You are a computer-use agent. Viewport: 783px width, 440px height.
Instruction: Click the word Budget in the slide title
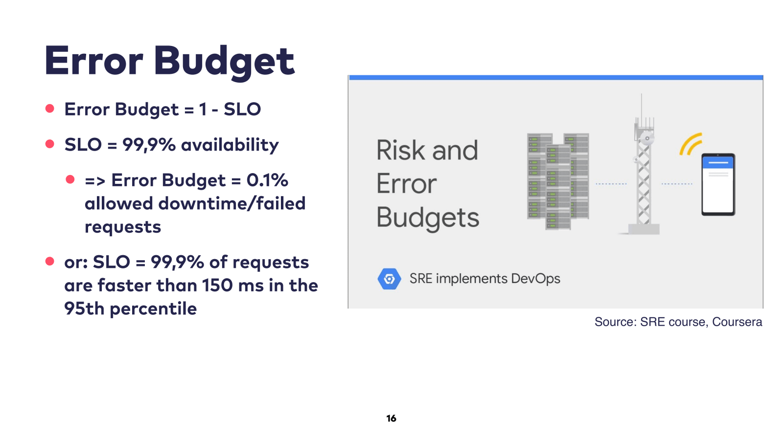click(225, 62)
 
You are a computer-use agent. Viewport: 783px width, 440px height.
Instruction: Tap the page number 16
click(391, 418)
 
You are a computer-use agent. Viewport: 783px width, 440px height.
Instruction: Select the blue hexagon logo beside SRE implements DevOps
click(389, 279)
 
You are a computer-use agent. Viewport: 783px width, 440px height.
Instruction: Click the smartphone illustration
click(718, 184)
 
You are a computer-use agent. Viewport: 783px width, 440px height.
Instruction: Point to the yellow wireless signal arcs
click(691, 144)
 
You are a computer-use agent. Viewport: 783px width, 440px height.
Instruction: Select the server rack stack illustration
click(558, 181)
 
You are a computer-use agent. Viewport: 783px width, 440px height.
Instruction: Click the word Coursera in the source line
click(737, 322)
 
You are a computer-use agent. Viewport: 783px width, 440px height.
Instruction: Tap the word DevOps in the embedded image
click(535, 279)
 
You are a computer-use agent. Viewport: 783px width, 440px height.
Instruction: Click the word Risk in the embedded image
click(401, 150)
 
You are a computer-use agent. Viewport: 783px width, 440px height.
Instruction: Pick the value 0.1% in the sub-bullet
click(267, 180)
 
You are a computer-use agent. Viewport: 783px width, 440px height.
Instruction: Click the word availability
click(230, 145)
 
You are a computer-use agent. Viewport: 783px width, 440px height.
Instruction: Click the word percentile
click(153, 309)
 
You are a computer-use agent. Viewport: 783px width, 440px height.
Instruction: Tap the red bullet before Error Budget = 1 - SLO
click(49, 108)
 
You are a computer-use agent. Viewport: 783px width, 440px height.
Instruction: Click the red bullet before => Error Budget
click(70, 179)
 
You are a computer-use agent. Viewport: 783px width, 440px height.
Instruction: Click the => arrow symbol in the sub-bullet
click(95, 181)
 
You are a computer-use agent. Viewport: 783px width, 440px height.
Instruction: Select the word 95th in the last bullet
click(84, 308)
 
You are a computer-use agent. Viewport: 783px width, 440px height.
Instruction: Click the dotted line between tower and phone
click(677, 184)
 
